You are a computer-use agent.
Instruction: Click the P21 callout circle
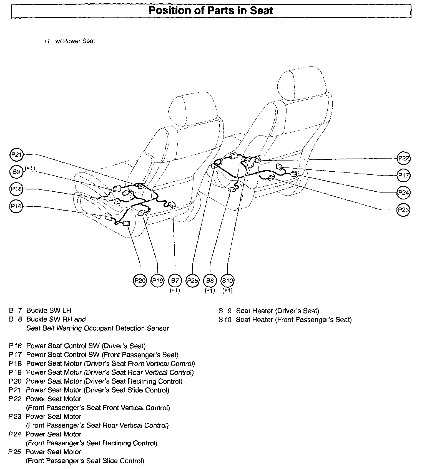(x=16, y=155)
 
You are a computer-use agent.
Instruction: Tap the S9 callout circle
(x=16, y=172)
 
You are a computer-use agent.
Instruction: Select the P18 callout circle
(x=16, y=189)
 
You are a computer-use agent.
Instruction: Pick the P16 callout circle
(x=16, y=206)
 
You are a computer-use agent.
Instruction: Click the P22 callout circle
(x=403, y=158)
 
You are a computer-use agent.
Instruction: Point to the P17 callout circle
(x=403, y=175)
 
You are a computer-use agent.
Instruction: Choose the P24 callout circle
(x=403, y=192)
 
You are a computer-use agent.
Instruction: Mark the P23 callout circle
(x=403, y=209)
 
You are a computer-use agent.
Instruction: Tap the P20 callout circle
(x=140, y=281)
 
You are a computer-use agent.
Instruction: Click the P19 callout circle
(x=157, y=281)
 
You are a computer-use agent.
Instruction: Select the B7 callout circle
(x=175, y=281)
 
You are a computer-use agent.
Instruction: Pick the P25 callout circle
(x=192, y=281)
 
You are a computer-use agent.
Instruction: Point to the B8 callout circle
(x=210, y=281)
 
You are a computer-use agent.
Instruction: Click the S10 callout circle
(x=227, y=281)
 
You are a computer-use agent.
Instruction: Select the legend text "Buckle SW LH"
(x=49, y=310)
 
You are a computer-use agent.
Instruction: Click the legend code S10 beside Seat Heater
(x=225, y=320)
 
